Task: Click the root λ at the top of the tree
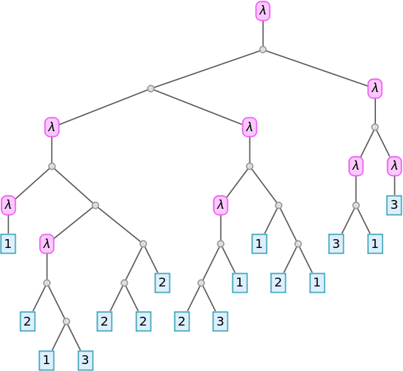point(263,11)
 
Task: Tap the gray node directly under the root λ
point(263,49)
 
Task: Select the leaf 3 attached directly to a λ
point(394,205)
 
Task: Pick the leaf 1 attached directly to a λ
point(8,244)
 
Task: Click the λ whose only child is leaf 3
point(394,167)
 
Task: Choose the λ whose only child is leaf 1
point(8,205)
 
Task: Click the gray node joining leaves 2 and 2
point(124,283)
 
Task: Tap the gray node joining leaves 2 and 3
point(201,283)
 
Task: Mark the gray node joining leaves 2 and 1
point(298,244)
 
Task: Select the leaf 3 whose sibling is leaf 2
point(220,321)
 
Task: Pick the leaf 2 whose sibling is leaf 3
point(182,321)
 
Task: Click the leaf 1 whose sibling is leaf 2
point(317,283)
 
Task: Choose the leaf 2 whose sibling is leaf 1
point(278,283)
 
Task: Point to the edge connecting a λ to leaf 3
point(394,186)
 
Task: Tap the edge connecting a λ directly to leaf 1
point(8,225)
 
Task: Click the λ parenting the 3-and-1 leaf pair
point(356,167)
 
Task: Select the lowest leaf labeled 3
point(86,360)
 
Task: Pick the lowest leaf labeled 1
point(47,360)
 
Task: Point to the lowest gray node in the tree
point(66,321)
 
